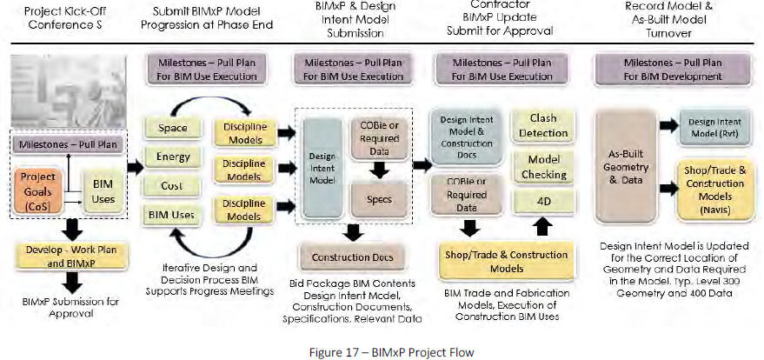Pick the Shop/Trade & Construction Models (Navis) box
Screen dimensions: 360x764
tap(714, 194)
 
